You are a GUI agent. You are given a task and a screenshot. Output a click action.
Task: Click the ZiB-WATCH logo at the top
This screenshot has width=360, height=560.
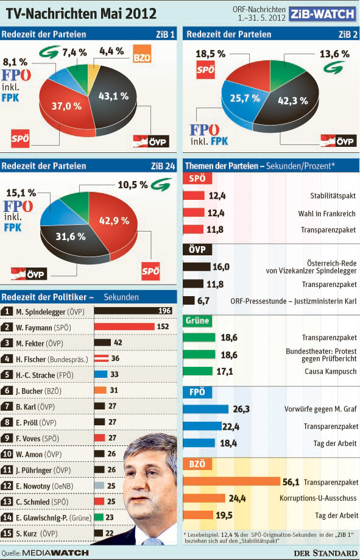click(322, 14)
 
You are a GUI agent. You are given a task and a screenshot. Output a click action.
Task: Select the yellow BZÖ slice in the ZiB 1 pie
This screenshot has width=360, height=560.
click(94, 71)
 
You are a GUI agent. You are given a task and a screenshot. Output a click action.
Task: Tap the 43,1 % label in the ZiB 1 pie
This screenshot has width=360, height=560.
click(113, 96)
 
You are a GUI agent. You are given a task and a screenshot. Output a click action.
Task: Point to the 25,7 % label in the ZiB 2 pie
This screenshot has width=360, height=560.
click(245, 98)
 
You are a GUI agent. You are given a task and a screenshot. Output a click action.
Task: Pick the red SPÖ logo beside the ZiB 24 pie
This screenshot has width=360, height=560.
click(150, 271)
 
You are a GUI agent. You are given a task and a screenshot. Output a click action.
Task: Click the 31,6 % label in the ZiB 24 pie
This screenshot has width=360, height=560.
click(71, 237)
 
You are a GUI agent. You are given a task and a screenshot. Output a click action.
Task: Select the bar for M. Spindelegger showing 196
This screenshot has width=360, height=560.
click(133, 311)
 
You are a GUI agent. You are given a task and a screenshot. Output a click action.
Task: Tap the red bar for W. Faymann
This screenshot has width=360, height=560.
click(124, 327)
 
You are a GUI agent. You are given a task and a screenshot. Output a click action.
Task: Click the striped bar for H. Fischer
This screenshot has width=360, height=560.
click(102, 358)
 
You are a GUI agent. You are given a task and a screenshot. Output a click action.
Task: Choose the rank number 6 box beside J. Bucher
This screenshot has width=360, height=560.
click(7, 391)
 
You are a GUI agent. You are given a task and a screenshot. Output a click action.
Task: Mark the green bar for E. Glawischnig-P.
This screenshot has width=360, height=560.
click(99, 517)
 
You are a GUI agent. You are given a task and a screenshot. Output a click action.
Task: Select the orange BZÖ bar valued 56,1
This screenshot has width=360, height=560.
click(231, 481)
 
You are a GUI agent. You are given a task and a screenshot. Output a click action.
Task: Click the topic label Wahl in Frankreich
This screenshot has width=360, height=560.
click(326, 213)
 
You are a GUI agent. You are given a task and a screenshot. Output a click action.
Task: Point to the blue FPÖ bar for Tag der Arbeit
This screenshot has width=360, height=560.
click(199, 443)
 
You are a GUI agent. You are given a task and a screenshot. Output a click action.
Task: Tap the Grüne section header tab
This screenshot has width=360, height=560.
click(197, 321)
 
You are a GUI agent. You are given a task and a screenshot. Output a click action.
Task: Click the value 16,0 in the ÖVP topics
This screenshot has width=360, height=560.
click(221, 267)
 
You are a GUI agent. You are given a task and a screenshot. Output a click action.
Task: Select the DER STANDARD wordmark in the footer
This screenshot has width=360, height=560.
click(325, 553)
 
